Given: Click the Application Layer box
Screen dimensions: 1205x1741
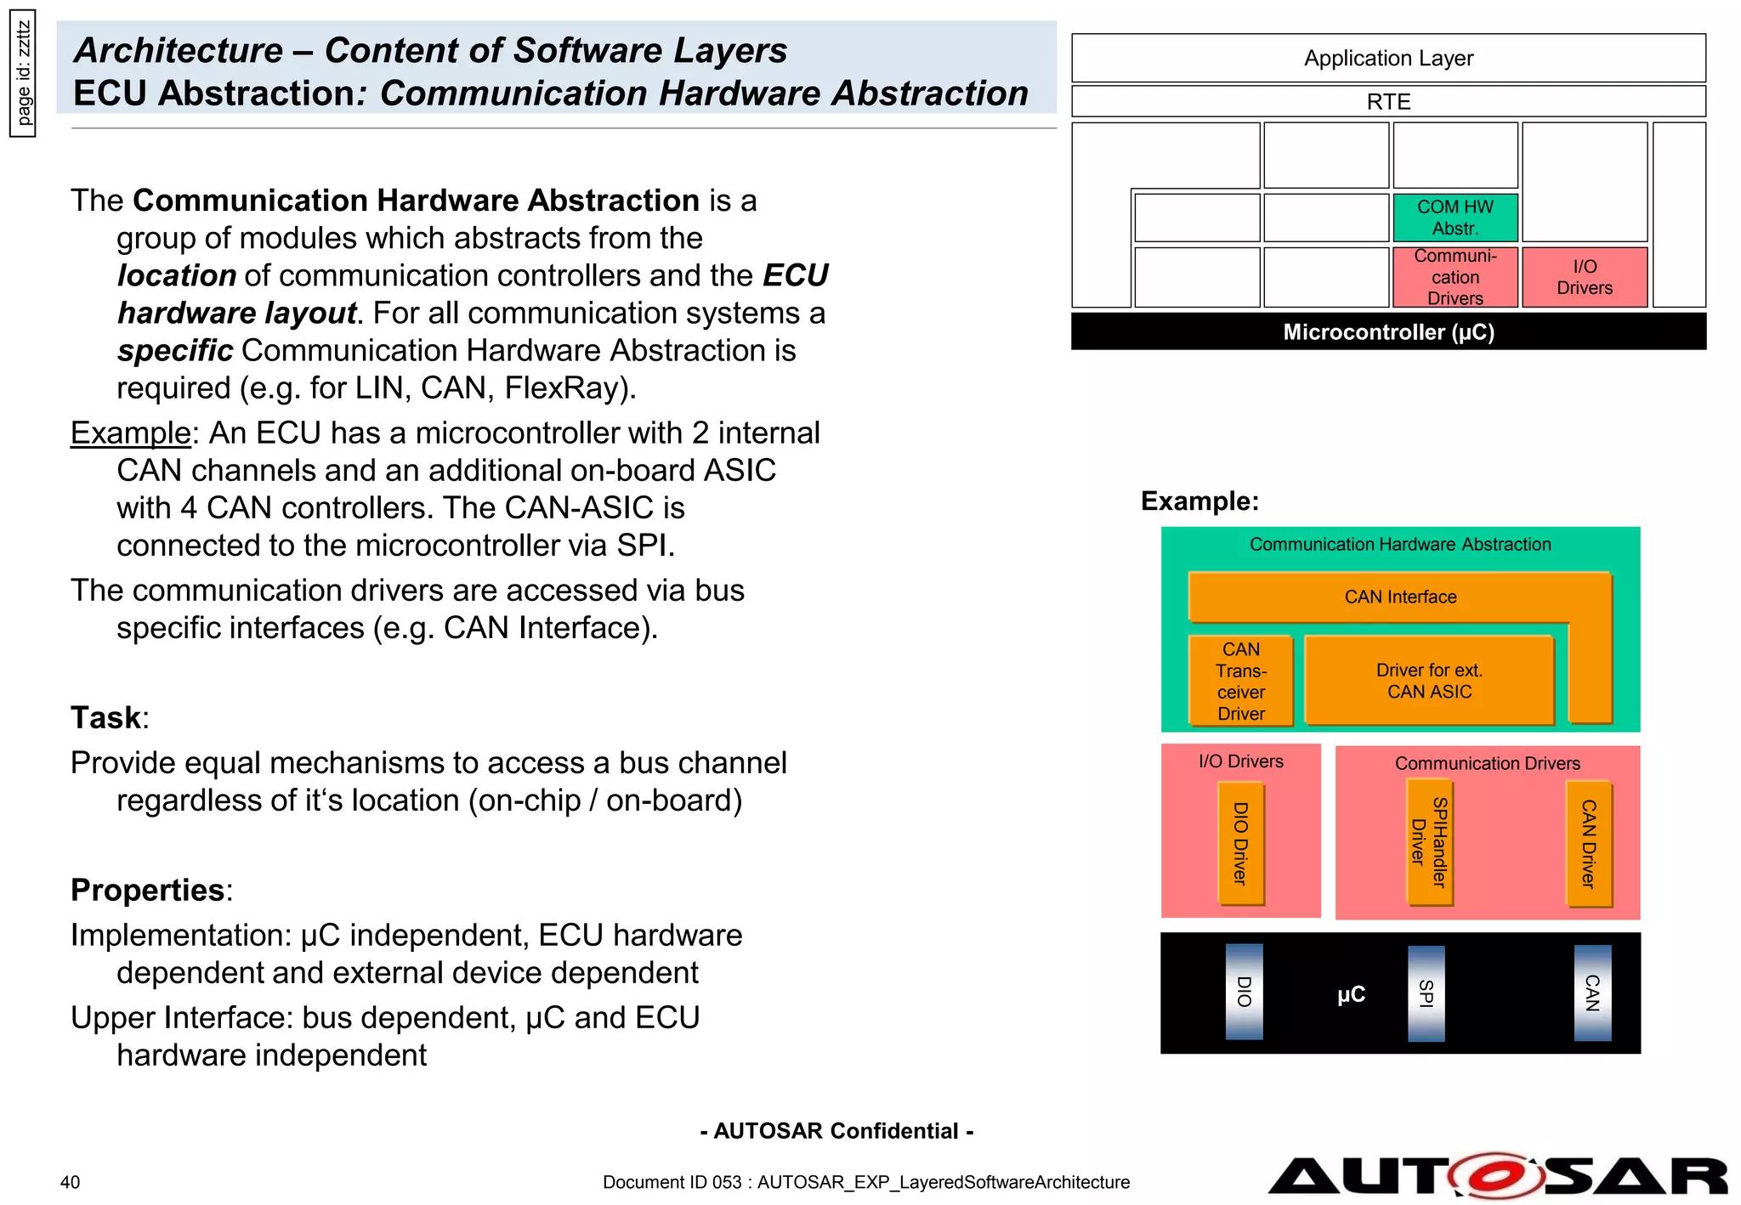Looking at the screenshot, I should point(1387,58).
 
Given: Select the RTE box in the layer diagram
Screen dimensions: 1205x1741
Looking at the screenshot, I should point(1387,102).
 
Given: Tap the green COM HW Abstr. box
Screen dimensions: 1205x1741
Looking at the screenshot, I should point(1455,218).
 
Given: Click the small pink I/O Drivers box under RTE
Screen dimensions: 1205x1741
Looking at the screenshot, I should point(1584,277).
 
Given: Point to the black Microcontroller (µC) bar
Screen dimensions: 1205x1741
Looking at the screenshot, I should point(1387,331).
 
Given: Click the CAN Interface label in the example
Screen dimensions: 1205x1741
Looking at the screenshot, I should point(1399,597).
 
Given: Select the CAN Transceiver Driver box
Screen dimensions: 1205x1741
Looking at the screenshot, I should point(1240,681).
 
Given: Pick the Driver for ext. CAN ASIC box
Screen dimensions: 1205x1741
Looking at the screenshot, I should point(1428,681).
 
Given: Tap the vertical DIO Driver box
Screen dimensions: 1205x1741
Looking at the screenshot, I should point(1240,844).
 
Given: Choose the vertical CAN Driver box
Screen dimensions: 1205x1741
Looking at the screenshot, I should point(1588,844).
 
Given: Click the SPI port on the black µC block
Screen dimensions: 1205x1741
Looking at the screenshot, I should point(1426,993).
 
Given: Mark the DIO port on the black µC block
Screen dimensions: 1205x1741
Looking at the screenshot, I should point(1244,992).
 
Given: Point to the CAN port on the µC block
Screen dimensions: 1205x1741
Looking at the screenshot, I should point(1591,993).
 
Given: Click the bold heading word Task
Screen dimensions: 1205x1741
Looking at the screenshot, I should point(105,717).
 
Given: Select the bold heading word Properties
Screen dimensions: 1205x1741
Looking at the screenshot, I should point(147,890).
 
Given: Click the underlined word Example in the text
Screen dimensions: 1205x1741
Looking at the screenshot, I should point(130,433).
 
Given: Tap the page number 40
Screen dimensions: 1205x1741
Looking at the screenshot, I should point(70,1182).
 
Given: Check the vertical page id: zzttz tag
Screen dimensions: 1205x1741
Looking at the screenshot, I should point(23,74).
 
